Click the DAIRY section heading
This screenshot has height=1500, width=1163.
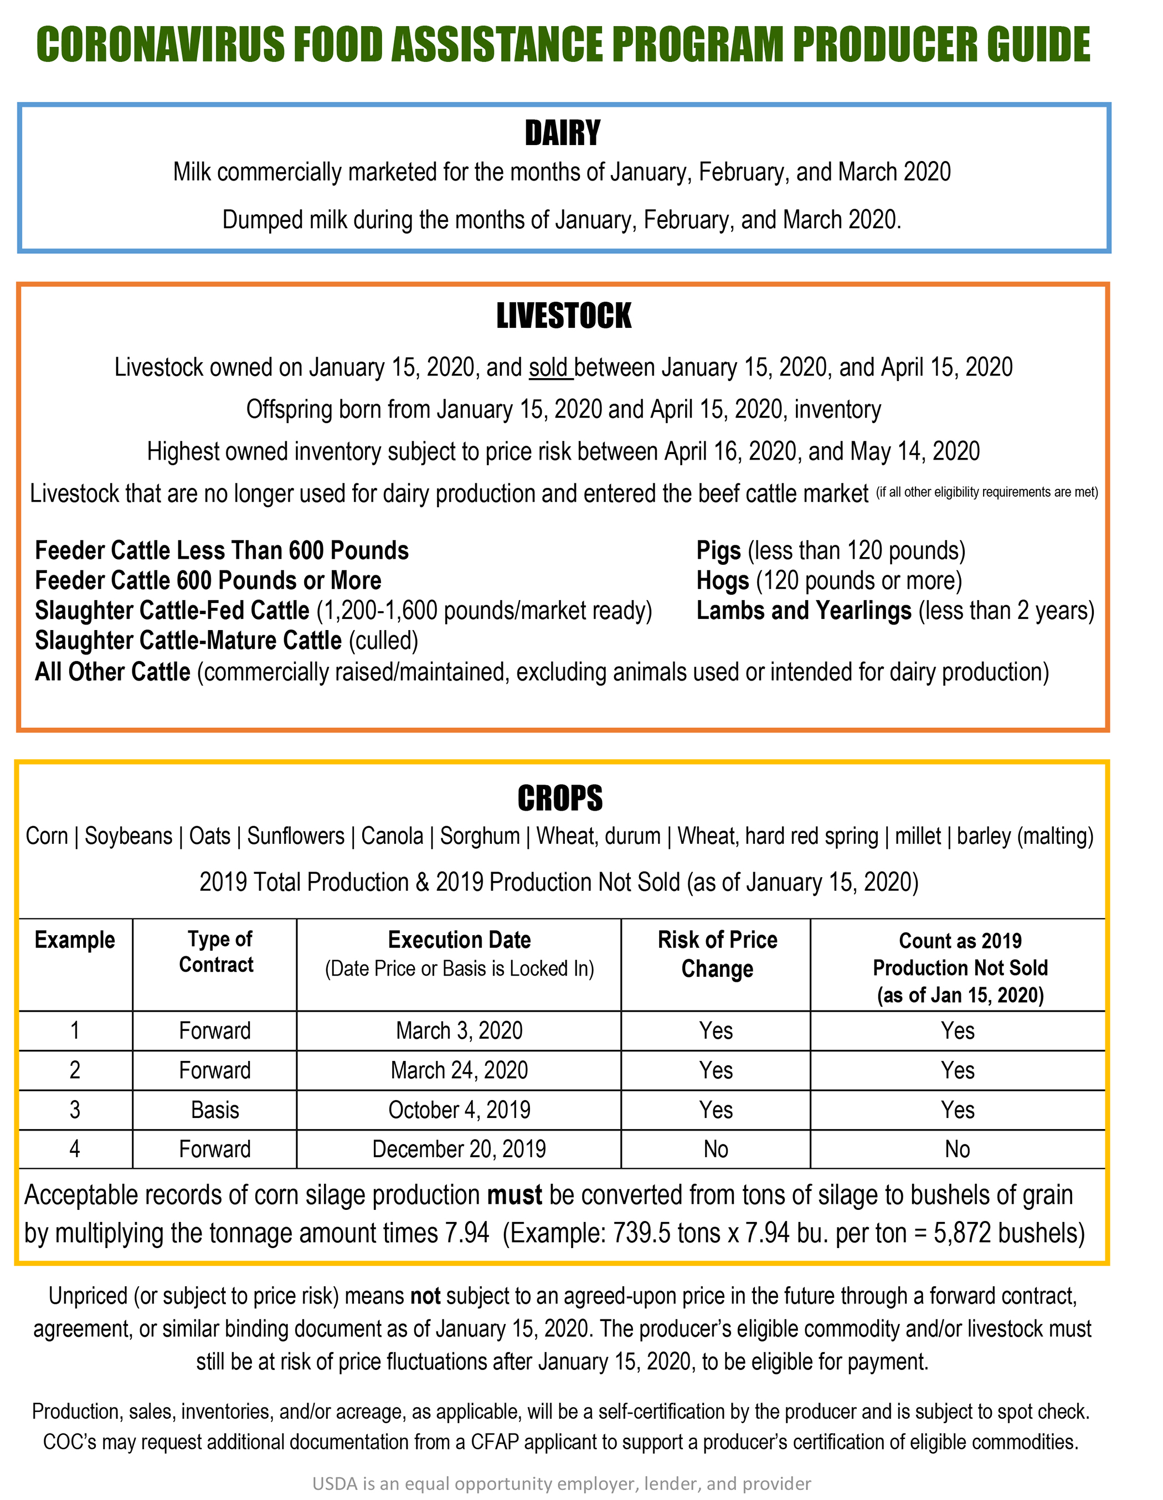coord(562,132)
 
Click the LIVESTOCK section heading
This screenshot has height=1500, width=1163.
coord(563,316)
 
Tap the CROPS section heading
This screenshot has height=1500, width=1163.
coord(560,798)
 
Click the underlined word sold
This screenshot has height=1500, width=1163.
coord(548,368)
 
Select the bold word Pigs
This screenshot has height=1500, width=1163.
coord(718,551)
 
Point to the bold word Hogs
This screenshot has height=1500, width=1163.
coord(722,581)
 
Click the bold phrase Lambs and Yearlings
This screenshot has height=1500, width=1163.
coord(803,611)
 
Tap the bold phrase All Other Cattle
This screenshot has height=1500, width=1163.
coord(112,672)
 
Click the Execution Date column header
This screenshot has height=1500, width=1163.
coord(459,940)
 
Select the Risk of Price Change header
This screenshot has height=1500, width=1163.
coord(717,953)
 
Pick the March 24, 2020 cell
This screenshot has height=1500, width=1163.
coord(459,1070)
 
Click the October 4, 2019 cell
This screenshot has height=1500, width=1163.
coord(459,1110)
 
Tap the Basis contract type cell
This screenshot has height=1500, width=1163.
coord(215,1110)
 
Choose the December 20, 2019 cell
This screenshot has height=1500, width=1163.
coord(459,1149)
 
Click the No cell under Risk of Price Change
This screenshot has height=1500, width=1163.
coord(715,1149)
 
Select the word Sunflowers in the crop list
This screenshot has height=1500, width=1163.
coord(295,837)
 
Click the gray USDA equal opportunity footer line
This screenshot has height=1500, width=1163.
coord(561,1483)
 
